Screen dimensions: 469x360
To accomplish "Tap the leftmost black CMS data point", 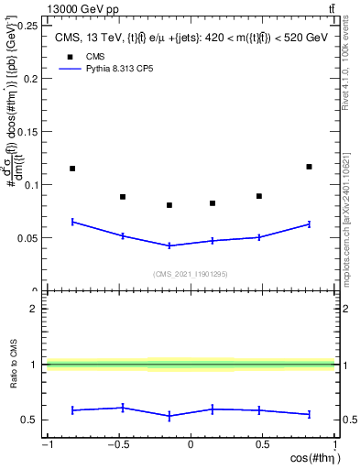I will [x=72, y=169].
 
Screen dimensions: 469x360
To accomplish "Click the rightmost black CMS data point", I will [x=309, y=167].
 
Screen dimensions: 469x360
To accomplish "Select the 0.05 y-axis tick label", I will [x=27, y=238].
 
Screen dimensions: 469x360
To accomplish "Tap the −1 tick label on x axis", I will [x=46, y=444].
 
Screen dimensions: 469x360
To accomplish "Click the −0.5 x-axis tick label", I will [x=117, y=444].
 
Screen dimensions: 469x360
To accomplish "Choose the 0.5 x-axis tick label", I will [x=262, y=444].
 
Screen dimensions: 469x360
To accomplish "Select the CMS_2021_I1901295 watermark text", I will [x=190, y=274].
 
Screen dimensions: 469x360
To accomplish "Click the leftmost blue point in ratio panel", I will [x=72, y=409].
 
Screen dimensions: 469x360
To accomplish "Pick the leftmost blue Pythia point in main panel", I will [x=72, y=222].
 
